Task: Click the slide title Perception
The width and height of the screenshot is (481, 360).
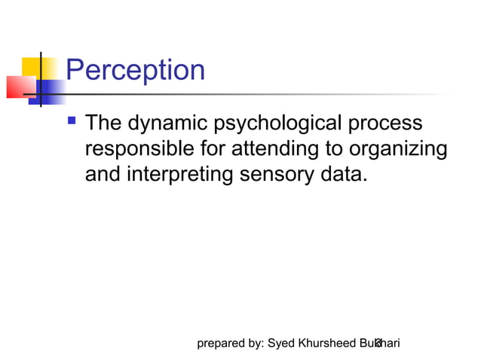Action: point(135,71)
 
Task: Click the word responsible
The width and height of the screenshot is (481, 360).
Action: point(143,148)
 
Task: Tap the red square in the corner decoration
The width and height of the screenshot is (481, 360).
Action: point(19,86)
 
